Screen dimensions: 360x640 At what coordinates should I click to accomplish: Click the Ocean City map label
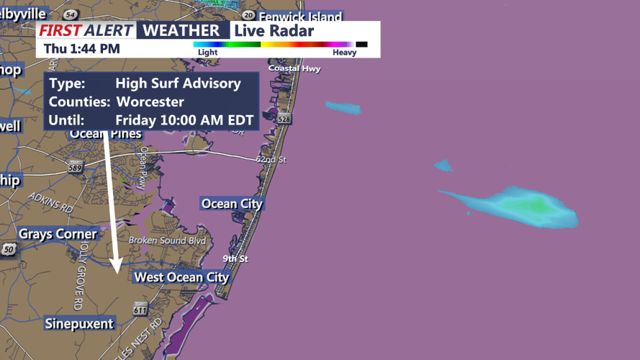[x=232, y=204]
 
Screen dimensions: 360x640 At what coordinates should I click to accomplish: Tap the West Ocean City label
[x=181, y=277]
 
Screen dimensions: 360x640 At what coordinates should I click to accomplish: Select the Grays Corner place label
[x=58, y=234]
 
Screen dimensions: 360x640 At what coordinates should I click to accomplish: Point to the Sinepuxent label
[x=79, y=323]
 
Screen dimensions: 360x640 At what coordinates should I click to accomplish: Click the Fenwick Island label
[x=300, y=16]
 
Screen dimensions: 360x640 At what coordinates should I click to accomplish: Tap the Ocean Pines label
[x=106, y=134]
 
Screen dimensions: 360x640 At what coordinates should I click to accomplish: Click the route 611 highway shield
[x=140, y=310]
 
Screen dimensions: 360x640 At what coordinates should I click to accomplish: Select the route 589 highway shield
[x=75, y=168]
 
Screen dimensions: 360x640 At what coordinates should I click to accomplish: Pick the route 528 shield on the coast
[x=284, y=119]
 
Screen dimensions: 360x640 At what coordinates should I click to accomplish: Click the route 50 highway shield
[x=9, y=249]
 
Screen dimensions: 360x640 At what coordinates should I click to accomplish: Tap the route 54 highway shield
[x=70, y=14]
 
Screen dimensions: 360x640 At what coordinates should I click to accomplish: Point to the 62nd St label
[x=271, y=159]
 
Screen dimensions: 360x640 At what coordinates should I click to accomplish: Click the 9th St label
[x=235, y=258]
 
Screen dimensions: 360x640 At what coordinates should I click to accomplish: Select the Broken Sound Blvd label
[x=167, y=240]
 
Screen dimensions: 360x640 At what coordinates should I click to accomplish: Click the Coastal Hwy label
[x=294, y=68]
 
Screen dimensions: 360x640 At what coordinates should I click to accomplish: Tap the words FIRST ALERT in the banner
[x=86, y=30]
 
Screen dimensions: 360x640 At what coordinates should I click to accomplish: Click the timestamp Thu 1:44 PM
[x=81, y=49]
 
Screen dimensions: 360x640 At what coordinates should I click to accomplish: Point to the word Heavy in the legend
[x=344, y=53]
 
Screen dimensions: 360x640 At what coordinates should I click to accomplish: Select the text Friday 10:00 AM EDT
[x=184, y=120]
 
